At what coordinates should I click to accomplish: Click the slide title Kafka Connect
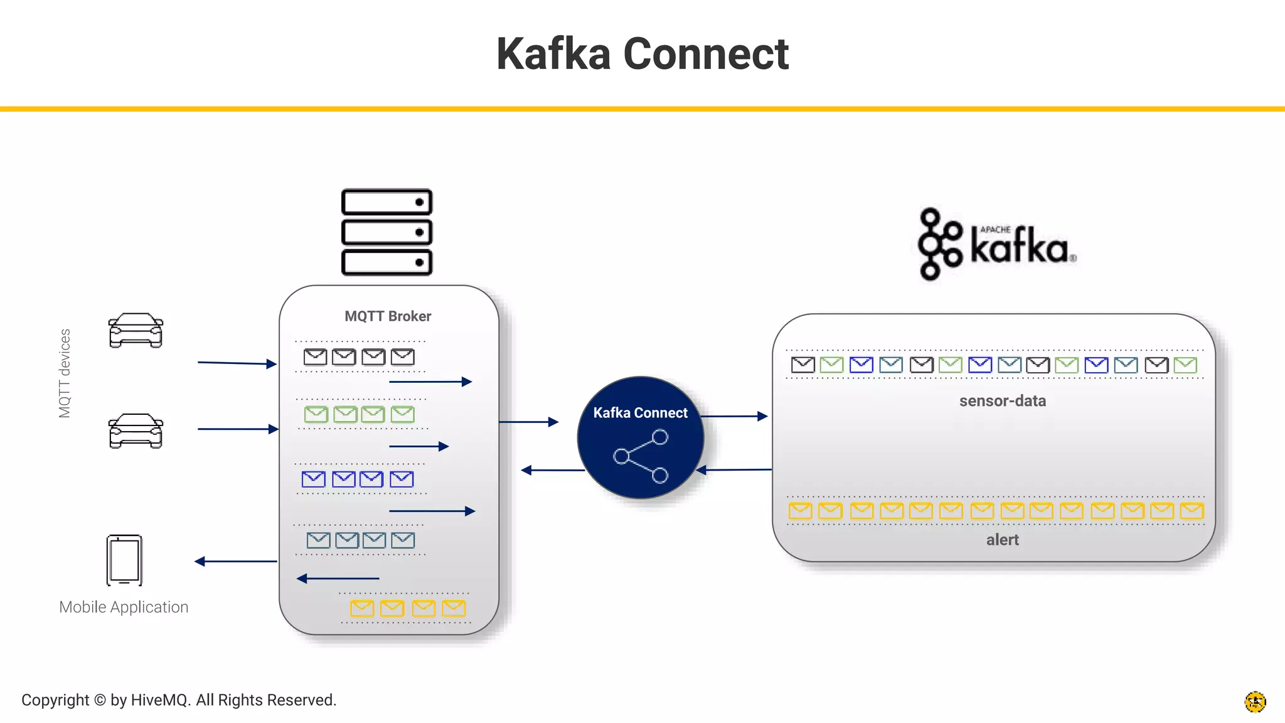click(642, 54)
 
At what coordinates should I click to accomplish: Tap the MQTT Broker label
click(388, 316)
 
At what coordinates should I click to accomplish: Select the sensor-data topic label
click(1002, 401)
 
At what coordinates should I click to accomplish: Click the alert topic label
click(1002, 540)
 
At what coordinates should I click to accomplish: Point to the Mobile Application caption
click(124, 607)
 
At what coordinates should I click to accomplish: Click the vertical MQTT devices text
click(65, 373)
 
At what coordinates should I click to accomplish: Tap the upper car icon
click(136, 330)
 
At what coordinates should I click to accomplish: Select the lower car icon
click(136, 431)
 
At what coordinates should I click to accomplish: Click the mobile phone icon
click(124, 560)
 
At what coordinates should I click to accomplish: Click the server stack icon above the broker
click(387, 232)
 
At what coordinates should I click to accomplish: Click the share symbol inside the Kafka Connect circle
click(641, 456)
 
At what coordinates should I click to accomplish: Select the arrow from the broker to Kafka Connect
click(528, 422)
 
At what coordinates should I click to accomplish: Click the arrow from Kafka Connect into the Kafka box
click(734, 416)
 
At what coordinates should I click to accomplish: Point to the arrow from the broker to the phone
click(236, 561)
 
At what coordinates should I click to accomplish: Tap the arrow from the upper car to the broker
click(237, 363)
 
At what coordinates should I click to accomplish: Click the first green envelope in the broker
click(316, 414)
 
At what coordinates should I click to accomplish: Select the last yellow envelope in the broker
click(454, 608)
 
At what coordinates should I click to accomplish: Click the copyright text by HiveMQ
click(179, 700)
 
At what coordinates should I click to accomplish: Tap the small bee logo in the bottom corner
click(1255, 702)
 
